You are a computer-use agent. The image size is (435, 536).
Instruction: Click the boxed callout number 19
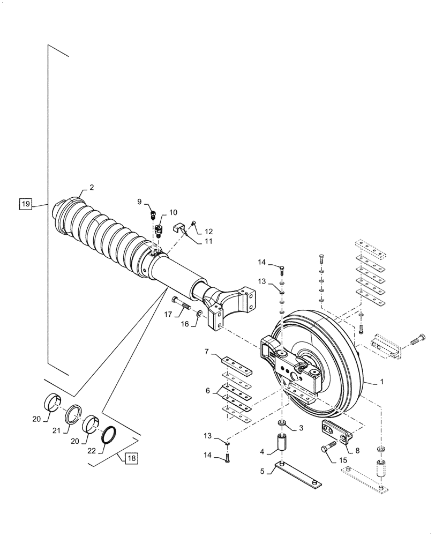click(26, 204)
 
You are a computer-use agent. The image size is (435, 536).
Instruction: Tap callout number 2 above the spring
click(92, 187)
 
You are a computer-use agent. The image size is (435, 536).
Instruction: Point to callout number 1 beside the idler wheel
click(381, 383)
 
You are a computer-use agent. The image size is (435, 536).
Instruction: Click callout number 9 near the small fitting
click(140, 202)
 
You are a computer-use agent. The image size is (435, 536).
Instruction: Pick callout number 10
click(174, 212)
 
